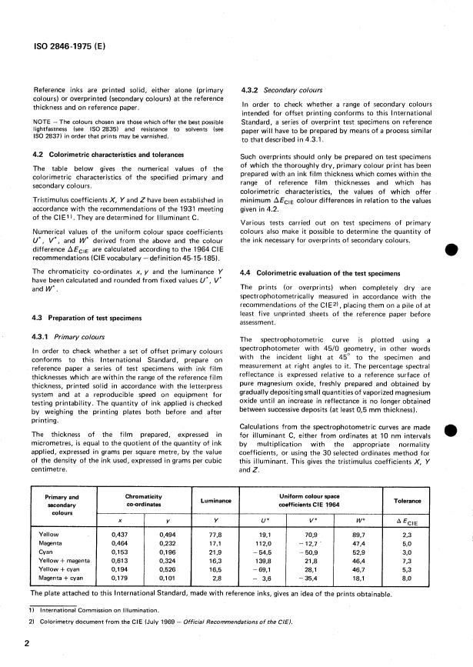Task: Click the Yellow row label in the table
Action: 50,532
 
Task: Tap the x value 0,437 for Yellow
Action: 122,532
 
